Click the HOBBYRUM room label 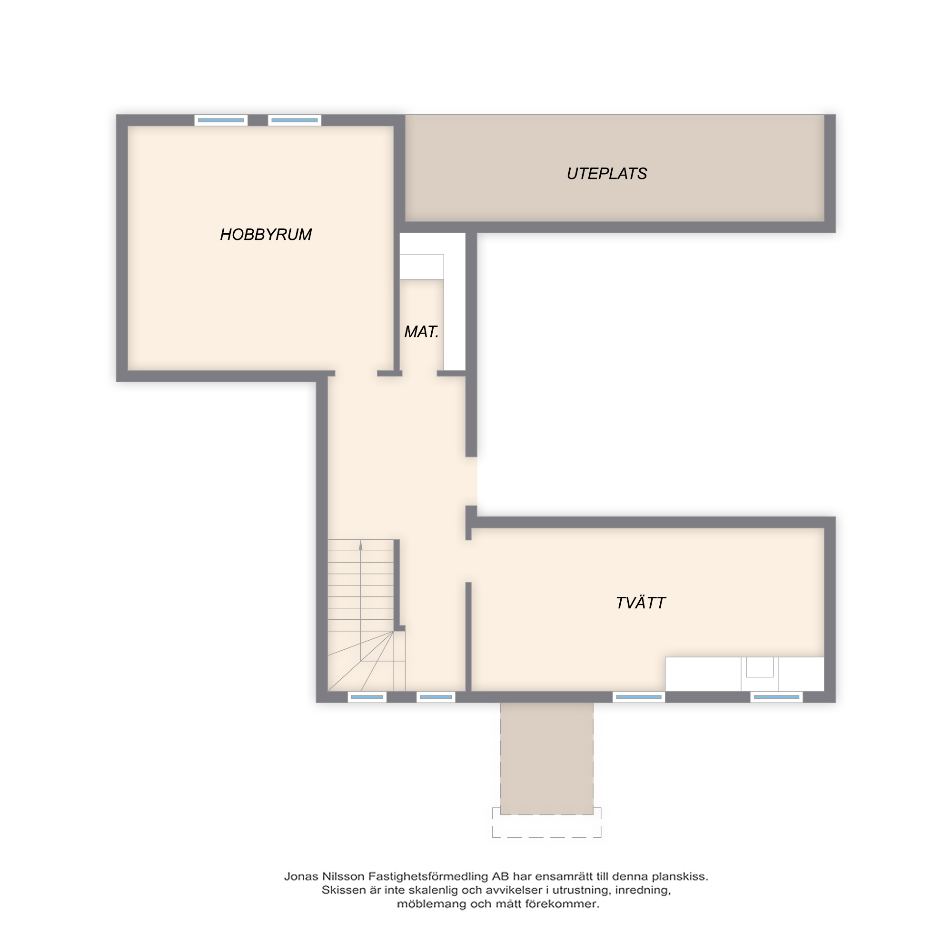click(266, 235)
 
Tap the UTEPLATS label click(606, 174)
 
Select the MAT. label click(421, 332)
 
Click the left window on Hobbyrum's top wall click(221, 120)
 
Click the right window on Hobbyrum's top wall click(294, 120)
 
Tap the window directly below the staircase click(367, 697)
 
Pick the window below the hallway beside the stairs click(436, 697)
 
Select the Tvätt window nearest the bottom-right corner click(776, 697)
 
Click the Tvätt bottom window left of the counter click(639, 697)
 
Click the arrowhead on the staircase click(361, 545)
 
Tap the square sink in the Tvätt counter click(759, 667)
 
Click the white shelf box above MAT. click(421, 267)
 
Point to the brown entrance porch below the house click(546, 758)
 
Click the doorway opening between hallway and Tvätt click(468, 561)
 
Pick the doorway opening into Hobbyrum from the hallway click(356, 374)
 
